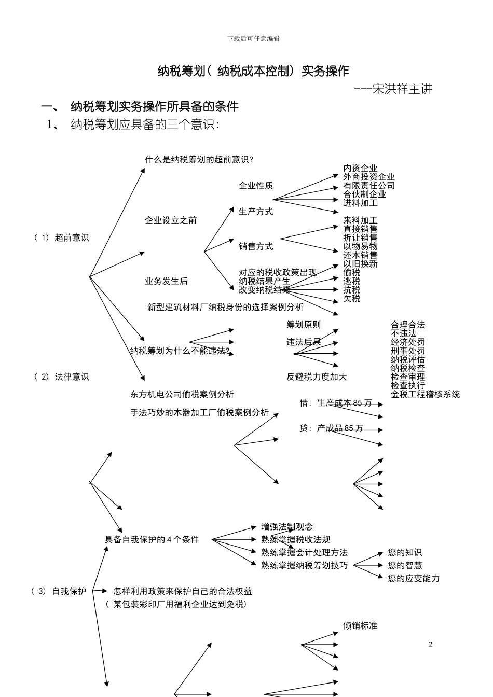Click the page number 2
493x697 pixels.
click(431, 644)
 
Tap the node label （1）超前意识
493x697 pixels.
click(61, 238)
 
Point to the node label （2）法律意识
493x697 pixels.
click(61, 377)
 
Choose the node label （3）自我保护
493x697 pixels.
click(59, 591)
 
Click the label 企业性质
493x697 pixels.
click(256, 186)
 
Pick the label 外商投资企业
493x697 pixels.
click(368, 177)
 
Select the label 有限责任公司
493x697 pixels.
click(368, 185)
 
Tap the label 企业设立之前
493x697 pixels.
click(171, 220)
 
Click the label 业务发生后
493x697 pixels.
click(166, 281)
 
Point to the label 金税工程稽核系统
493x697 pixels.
click(425, 394)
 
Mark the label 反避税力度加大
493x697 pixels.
click(317, 377)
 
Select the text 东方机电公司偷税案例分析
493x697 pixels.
click(182, 394)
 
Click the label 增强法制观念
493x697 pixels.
click(287, 527)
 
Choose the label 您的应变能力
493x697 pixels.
click(414, 578)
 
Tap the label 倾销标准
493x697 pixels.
click(360, 625)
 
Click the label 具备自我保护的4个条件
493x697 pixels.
click(152, 539)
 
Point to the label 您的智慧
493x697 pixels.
click(405, 565)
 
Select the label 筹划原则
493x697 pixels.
click(304, 325)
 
